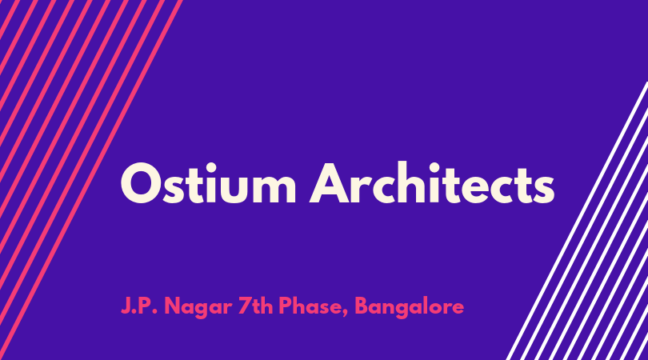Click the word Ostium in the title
tap(208, 183)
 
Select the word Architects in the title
tap(432, 182)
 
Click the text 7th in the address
tap(255, 306)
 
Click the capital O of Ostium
tap(140, 183)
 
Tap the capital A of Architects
tap(330, 183)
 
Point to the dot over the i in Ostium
tap(218, 166)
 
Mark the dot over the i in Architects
tap(434, 166)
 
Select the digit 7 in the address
tap(244, 306)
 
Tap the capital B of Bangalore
tap(362, 306)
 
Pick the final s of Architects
tap(542, 190)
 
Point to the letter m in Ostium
tap(274, 190)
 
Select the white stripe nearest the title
tap(577, 221)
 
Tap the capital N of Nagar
tap(174, 306)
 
